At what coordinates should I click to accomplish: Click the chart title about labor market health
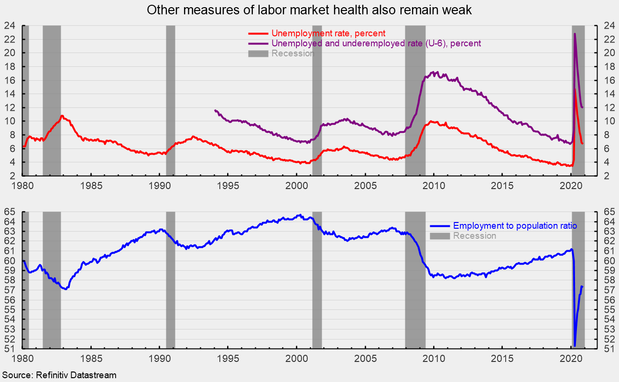[x=309, y=11]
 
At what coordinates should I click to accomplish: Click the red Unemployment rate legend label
[x=328, y=33]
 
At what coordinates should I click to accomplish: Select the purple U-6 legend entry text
[x=376, y=43]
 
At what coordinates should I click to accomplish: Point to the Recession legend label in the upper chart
[x=293, y=53]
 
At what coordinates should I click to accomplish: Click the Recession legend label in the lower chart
[x=474, y=236]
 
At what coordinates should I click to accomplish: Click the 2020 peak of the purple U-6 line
[x=575, y=34]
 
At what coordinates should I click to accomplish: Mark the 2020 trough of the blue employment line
[x=575, y=345]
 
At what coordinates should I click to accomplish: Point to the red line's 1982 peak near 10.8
[x=62, y=116]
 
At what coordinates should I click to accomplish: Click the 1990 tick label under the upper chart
[x=159, y=185]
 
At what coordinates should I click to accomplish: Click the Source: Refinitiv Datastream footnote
[x=59, y=375]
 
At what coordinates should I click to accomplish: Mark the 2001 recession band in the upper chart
[x=317, y=100]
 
